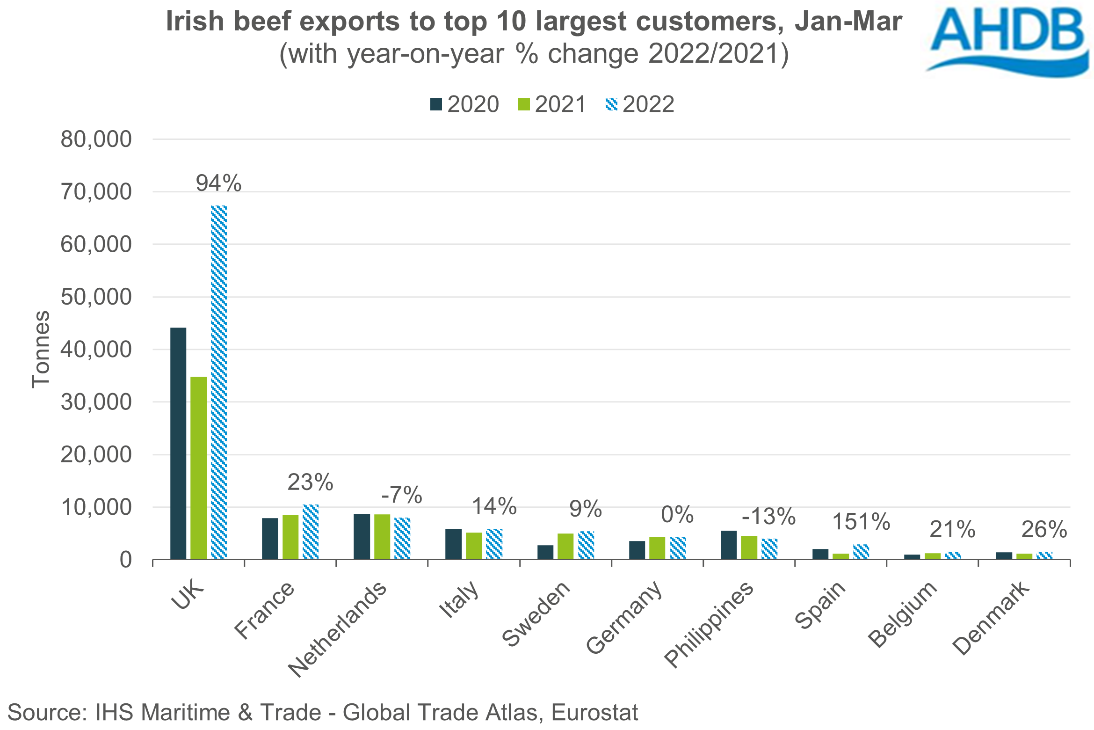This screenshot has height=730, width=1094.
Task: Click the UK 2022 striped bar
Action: click(x=219, y=382)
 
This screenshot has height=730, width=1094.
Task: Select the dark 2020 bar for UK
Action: click(x=178, y=443)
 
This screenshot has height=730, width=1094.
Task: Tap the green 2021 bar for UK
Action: click(x=199, y=467)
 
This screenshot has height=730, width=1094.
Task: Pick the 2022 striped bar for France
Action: click(x=311, y=532)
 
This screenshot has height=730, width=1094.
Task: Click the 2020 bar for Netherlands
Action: click(x=362, y=536)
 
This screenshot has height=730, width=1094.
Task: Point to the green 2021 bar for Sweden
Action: click(x=565, y=546)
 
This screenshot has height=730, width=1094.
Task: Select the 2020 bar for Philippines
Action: click(x=729, y=545)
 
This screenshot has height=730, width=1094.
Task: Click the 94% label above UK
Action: click(x=218, y=183)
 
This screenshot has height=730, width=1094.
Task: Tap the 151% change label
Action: click(x=861, y=522)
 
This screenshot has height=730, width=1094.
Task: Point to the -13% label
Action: click(x=768, y=517)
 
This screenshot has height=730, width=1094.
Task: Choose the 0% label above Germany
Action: click(x=677, y=515)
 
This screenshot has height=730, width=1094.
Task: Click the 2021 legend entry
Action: click(x=552, y=104)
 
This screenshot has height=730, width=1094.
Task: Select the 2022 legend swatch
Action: click(x=611, y=104)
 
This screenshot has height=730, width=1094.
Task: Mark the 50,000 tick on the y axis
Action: click(x=96, y=297)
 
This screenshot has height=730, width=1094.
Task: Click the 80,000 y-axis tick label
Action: click(x=96, y=139)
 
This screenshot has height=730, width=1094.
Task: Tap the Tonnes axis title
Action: click(x=41, y=349)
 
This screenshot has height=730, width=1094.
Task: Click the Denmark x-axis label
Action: click(x=991, y=618)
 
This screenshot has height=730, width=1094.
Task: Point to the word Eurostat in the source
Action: click(x=594, y=713)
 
